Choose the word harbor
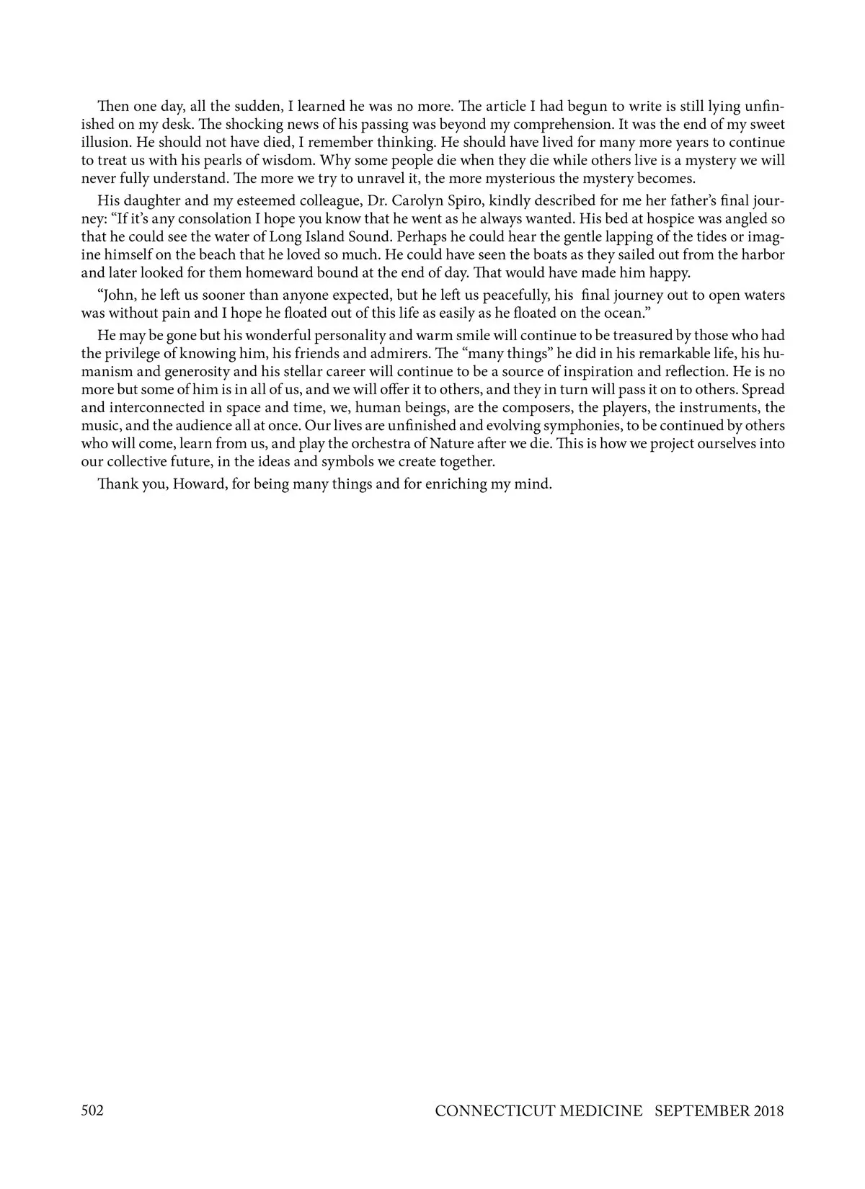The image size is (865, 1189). pos(764,254)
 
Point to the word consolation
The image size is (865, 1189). pos(193,218)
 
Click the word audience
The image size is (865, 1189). pos(190,425)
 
